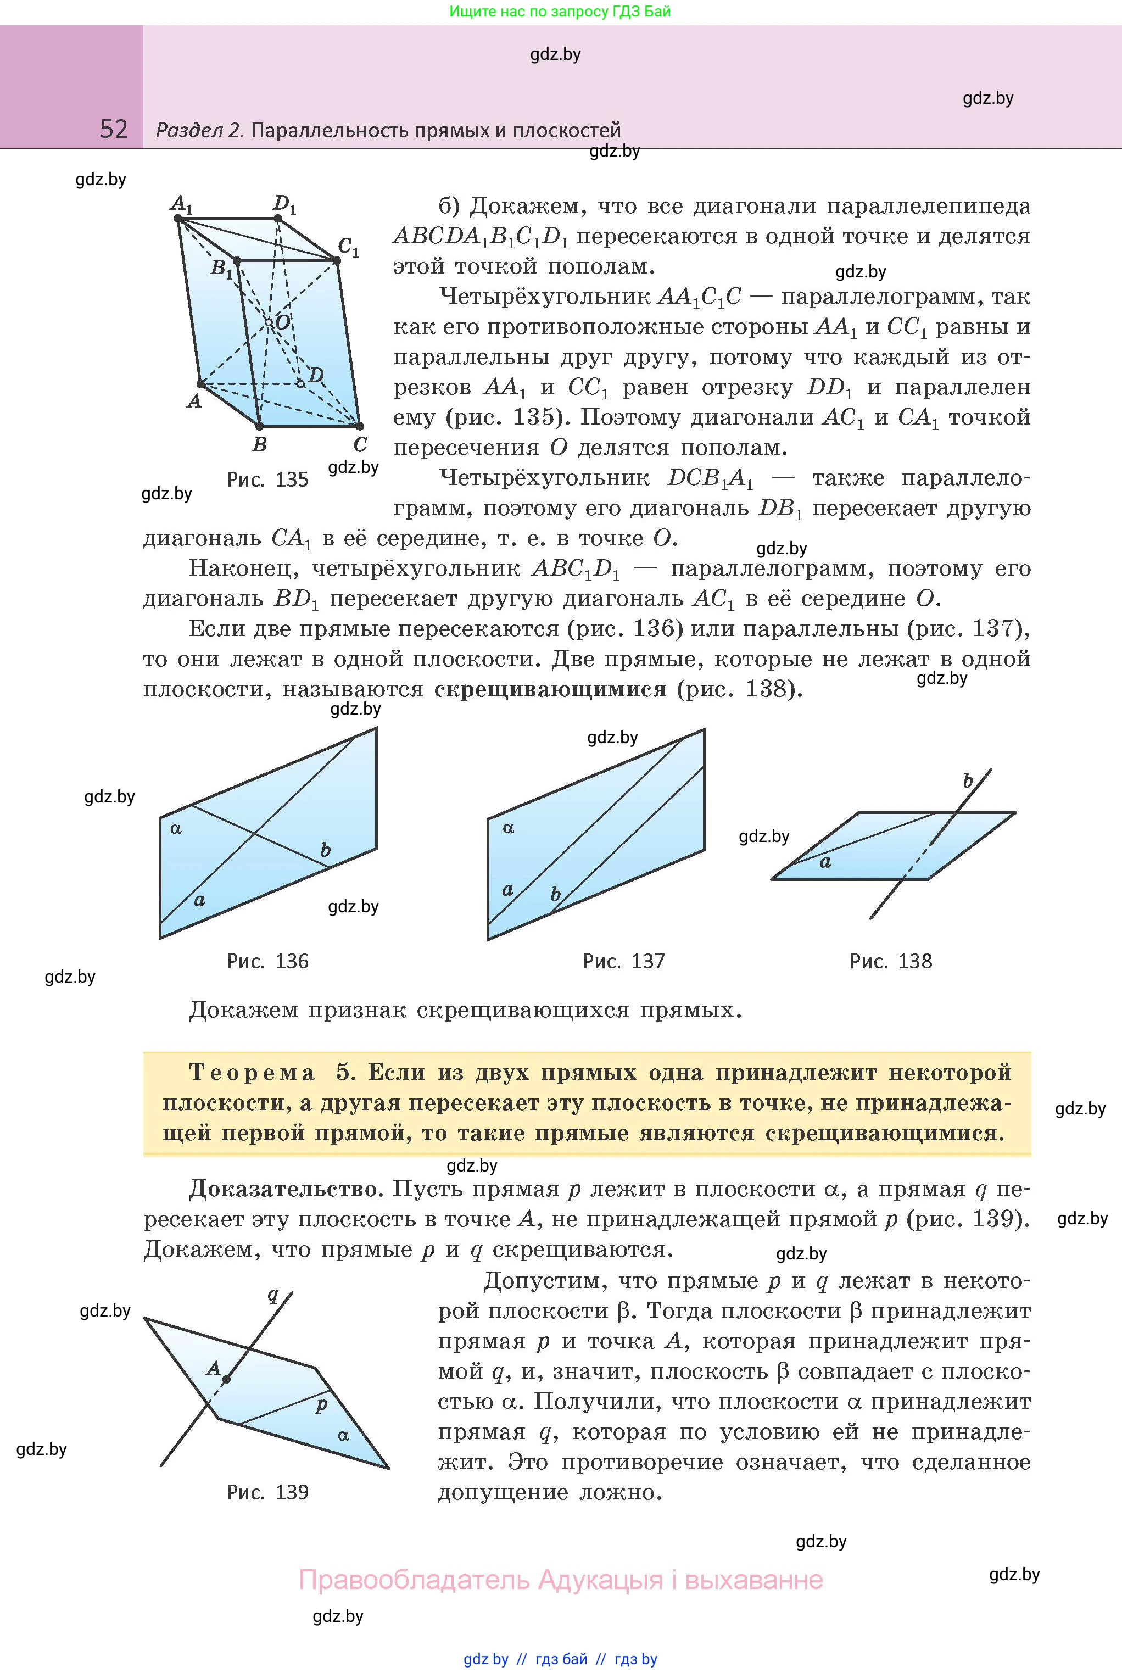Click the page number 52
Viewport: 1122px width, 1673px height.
tap(114, 129)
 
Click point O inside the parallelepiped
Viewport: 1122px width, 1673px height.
tap(269, 323)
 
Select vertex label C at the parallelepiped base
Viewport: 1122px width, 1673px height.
tap(360, 444)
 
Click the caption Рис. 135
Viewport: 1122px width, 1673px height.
tap(267, 479)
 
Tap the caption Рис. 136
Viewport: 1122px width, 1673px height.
tap(267, 961)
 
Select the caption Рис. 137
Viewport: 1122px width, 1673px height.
tap(623, 961)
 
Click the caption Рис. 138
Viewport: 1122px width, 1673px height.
tap(890, 961)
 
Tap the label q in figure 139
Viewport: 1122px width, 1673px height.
tap(272, 1295)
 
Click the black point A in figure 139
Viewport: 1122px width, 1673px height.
tap(226, 1379)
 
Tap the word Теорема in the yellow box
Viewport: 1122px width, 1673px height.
tap(252, 1073)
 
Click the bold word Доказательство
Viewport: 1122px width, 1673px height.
tap(283, 1189)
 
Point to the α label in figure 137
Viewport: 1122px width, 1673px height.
tap(508, 828)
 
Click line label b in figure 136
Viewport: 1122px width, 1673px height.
tap(326, 849)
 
